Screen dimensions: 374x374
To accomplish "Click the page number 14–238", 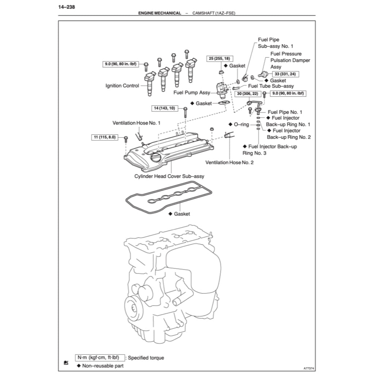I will [x=67, y=7].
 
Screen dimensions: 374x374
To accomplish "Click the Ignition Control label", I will [x=122, y=86].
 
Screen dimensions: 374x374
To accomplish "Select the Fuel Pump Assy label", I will [x=192, y=93].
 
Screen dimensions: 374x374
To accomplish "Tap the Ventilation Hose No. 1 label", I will [x=136, y=123].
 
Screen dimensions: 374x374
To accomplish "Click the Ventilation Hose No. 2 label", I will [x=229, y=162].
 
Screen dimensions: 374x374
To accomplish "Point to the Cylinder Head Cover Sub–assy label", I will [x=169, y=176].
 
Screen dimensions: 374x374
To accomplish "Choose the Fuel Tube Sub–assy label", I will [x=271, y=86].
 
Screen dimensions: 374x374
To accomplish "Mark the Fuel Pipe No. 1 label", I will [x=285, y=112].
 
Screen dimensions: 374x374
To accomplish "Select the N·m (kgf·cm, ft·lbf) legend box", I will [x=100, y=358].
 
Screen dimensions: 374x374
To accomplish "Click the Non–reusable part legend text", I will [x=103, y=366].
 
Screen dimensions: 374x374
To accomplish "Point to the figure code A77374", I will [x=309, y=369].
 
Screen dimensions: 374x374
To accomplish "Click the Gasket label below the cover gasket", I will [x=182, y=214].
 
